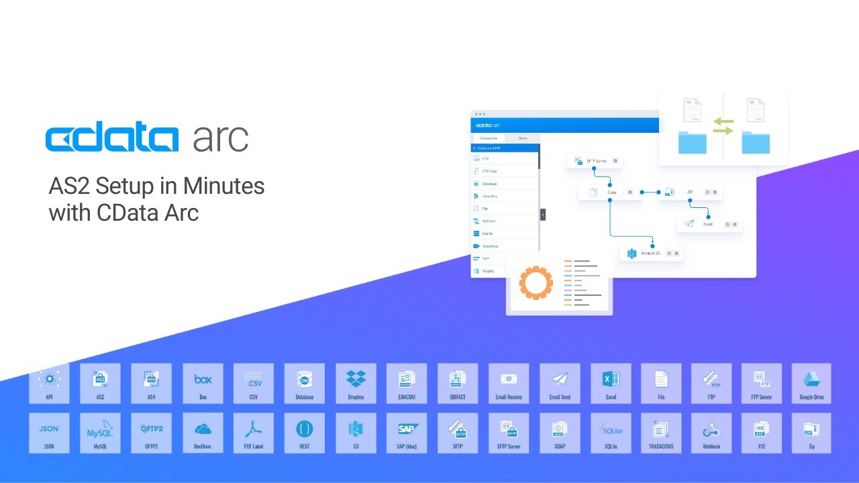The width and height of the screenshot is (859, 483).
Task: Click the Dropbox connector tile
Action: click(356, 383)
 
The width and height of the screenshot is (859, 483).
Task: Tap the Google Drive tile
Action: click(811, 383)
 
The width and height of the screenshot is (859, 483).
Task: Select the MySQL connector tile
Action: click(100, 433)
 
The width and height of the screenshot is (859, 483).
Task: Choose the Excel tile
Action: click(611, 383)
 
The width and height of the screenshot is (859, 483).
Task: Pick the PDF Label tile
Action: click(253, 433)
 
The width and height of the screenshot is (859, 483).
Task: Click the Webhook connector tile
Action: click(711, 433)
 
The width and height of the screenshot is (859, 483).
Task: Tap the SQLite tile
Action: click(611, 433)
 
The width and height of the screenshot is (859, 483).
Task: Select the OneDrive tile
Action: click(202, 433)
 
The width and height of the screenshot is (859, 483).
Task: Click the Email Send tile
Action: click(560, 383)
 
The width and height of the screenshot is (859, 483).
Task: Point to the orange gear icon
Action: click(536, 282)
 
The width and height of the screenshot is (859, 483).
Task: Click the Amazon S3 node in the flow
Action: click(650, 254)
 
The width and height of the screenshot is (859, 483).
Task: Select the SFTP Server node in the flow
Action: click(595, 161)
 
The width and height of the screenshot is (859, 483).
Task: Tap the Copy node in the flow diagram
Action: click(607, 193)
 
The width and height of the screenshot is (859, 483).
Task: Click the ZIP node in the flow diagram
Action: click(689, 193)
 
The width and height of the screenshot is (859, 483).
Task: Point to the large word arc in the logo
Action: click(221, 138)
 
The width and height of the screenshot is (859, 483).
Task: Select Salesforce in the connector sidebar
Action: click(490, 246)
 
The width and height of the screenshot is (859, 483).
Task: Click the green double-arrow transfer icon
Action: click(723, 126)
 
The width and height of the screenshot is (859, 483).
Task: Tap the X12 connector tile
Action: click(761, 433)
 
